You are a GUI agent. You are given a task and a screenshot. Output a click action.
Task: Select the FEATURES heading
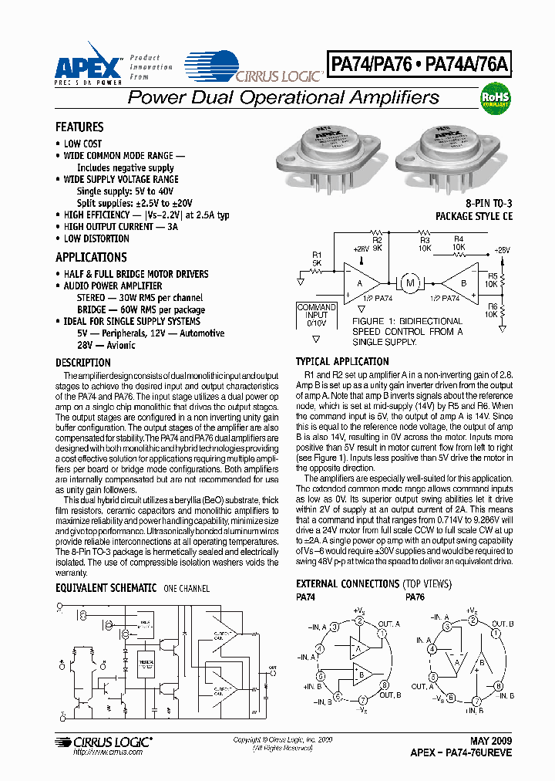79,127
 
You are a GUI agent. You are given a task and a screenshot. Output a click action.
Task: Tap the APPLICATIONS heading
91,257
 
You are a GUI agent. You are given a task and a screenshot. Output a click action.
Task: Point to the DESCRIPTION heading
83,363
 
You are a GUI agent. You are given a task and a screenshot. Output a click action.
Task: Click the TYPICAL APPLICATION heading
342,361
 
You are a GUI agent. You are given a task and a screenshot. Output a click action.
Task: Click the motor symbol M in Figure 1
409,282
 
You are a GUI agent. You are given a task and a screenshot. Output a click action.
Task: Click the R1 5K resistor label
317,259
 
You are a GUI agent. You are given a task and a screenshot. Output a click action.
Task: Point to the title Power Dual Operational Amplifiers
283,98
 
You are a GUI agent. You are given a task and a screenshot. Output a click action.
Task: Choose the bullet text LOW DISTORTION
96,238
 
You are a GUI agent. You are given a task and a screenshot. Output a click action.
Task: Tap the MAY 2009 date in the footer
490,741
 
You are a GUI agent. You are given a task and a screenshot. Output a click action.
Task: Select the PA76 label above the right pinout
415,597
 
